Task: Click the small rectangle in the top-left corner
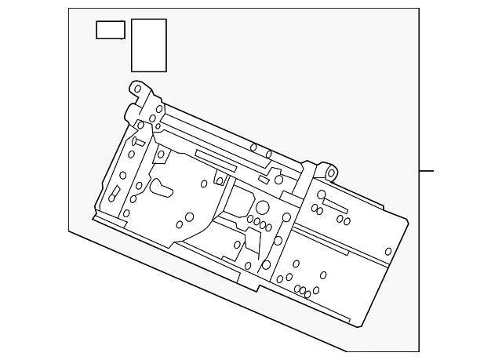[x=111, y=30]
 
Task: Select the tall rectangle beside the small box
[x=149, y=45]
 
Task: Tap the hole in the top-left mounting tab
[x=138, y=89]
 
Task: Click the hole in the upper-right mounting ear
[x=331, y=173]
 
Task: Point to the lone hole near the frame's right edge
[x=388, y=252]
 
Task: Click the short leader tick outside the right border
[x=426, y=170]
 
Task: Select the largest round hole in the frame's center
[x=263, y=208]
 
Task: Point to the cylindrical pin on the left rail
[x=134, y=143]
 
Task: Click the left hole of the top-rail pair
[x=253, y=147]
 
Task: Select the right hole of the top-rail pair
[x=268, y=154]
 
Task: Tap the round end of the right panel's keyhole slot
[x=321, y=195]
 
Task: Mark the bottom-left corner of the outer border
[x=68, y=231]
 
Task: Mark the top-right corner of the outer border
[x=419, y=9]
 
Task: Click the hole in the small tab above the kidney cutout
[x=161, y=155]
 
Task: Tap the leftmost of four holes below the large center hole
[x=250, y=218]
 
